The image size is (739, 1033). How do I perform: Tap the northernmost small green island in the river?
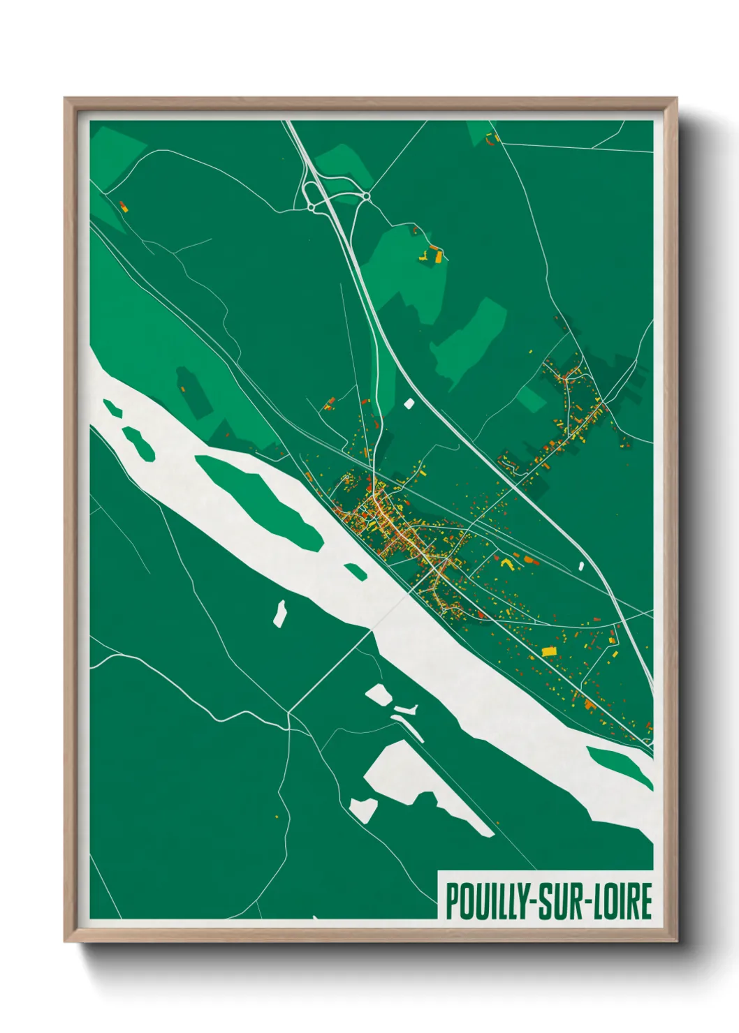111,408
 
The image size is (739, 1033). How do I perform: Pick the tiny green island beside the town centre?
356,571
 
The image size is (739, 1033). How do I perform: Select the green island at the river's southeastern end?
620,766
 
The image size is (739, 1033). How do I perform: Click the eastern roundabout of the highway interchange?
366,198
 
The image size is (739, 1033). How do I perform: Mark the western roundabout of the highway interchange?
311,207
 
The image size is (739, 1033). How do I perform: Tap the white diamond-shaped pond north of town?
409,403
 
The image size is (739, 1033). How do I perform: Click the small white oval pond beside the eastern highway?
580,566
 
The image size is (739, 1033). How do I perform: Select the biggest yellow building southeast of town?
550,651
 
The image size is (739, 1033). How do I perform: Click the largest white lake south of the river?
419,782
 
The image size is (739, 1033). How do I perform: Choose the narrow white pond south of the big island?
281,613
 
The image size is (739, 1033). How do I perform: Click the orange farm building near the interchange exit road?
438,256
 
